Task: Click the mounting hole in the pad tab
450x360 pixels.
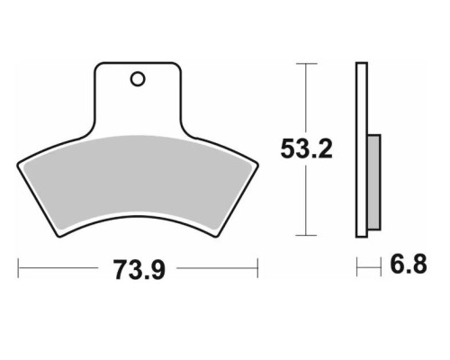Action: coord(138,79)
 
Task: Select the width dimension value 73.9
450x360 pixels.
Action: coord(139,270)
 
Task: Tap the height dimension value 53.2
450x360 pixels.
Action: coord(306,149)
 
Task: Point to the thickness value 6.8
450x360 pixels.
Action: coord(409,265)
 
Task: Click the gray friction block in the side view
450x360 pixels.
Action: coord(374,183)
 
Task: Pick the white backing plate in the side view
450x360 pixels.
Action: coord(362,150)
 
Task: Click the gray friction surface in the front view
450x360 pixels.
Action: coord(138,183)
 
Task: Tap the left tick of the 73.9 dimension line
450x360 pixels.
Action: coord(18,268)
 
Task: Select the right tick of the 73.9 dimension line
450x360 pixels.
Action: coord(257,268)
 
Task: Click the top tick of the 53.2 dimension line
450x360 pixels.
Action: coord(306,64)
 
